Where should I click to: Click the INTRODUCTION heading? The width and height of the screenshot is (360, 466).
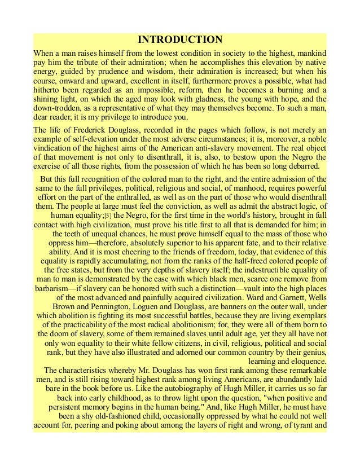click(180, 40)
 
